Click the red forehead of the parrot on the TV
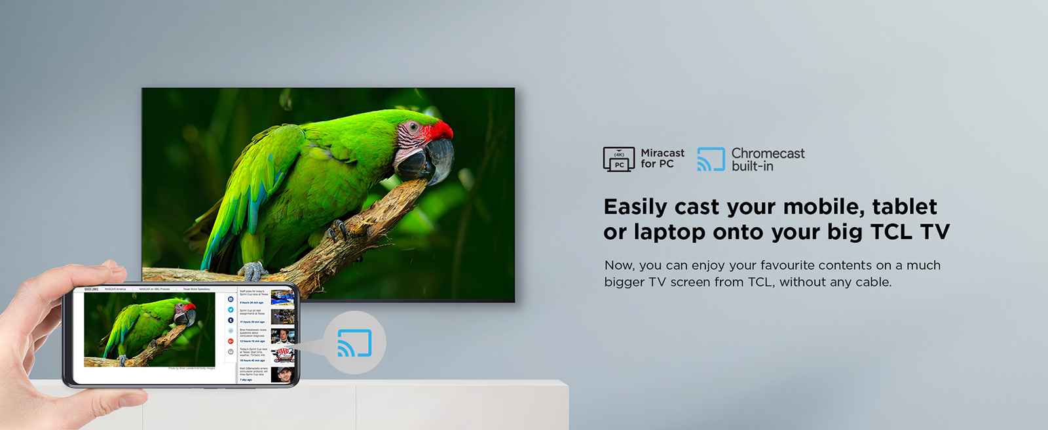click(438, 130)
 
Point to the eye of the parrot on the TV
click(413, 126)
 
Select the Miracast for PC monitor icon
click(618, 159)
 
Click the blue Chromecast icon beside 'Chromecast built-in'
click(711, 159)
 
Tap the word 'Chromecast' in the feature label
click(768, 153)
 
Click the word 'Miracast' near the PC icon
click(662, 153)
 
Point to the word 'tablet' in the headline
click(905, 206)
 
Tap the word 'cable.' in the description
click(873, 282)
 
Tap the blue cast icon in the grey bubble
click(354, 343)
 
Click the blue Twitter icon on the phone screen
click(231, 309)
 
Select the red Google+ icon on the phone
click(231, 341)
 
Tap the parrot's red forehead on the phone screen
click(189, 306)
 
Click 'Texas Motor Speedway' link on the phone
click(196, 289)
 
